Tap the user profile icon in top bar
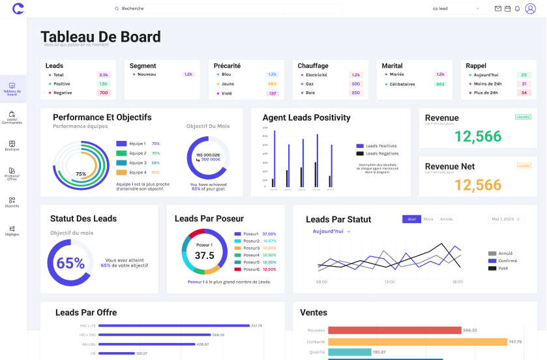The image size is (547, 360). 530,8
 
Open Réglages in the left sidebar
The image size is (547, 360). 12,230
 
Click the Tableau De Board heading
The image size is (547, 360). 100,37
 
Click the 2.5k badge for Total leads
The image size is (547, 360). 104,75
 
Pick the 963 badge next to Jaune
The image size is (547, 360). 272,84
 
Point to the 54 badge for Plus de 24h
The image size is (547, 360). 524,93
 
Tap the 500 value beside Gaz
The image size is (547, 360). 355,84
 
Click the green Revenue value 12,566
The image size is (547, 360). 478,136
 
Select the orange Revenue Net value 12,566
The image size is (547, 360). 478,185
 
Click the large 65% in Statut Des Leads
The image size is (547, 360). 70,263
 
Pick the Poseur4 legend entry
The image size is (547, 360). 251,255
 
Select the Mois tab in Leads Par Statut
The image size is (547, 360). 428,219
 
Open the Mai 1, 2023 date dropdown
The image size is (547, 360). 507,219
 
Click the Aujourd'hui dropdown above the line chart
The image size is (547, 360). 331,232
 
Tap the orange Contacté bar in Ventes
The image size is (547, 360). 417,342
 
